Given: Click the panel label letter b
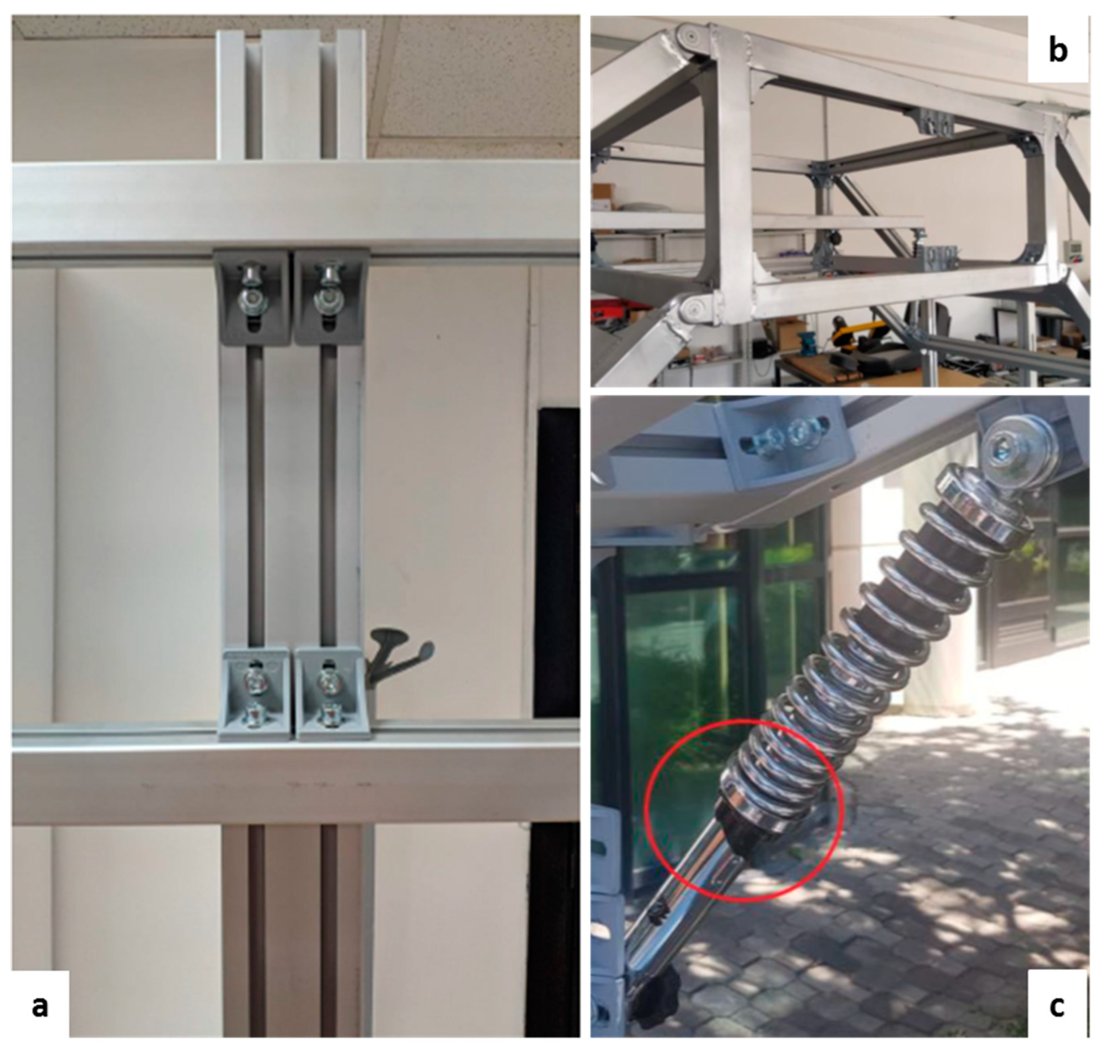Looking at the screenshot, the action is click(1058, 50).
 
